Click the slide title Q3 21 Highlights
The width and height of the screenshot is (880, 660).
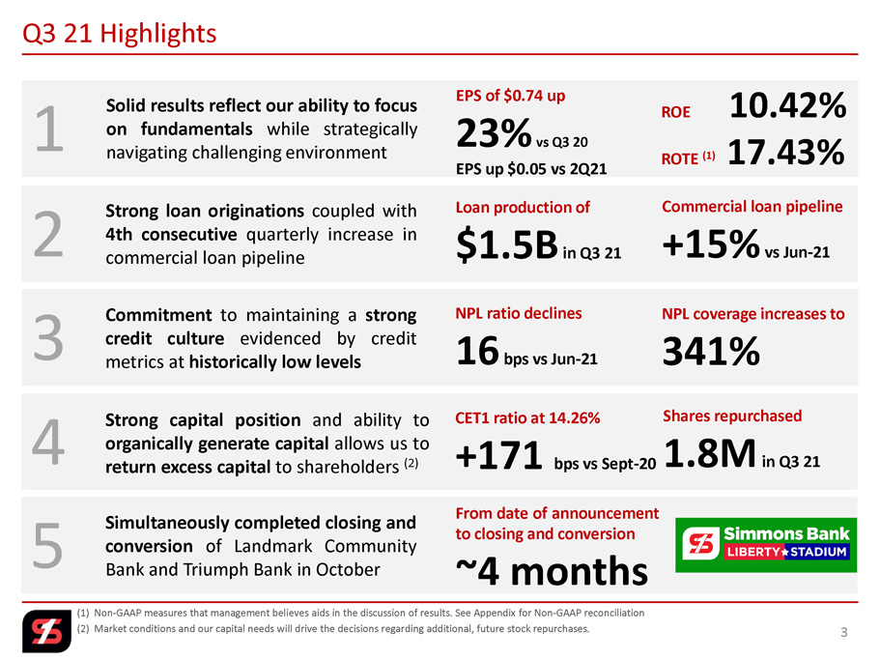pos(119,34)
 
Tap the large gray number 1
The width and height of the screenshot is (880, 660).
pos(49,129)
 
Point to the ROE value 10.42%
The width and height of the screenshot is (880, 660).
pos(787,105)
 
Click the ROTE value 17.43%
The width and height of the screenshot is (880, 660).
pos(785,152)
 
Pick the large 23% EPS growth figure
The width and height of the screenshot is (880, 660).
pos(494,133)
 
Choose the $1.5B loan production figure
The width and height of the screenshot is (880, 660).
pos(507,245)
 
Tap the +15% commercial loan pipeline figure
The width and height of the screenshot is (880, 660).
pos(711,244)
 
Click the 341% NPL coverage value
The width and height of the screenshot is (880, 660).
pos(711,351)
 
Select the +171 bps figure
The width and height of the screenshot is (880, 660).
pos(498,454)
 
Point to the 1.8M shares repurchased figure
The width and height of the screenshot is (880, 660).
pos(710,453)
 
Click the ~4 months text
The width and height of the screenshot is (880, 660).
pos(552,571)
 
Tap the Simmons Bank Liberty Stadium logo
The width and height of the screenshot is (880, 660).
pos(765,545)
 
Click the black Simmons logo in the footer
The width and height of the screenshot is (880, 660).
pos(46,631)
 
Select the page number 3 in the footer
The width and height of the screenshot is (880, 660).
pos(843,633)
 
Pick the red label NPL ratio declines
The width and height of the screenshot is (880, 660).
pos(519,313)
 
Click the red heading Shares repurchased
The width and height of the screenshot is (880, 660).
pos(732,416)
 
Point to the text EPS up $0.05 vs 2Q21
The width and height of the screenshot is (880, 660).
pos(531,169)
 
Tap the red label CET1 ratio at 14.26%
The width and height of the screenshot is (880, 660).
pos(527,418)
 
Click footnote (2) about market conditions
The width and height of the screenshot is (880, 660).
pos(333,628)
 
